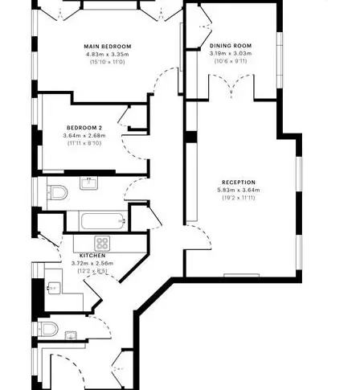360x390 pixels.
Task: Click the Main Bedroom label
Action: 108,47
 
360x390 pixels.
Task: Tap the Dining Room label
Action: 231,46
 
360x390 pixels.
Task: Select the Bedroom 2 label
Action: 84,128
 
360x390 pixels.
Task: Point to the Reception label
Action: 239,183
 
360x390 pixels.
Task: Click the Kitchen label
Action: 92,256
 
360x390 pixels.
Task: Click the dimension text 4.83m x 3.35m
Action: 108,54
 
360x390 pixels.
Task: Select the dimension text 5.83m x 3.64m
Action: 239,190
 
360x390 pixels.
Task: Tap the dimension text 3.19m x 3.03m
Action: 231,53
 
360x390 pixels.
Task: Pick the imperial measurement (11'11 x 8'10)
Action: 84,143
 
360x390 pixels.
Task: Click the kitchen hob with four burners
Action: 102,244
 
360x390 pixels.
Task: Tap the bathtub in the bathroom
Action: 103,221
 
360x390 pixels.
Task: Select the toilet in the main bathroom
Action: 57,192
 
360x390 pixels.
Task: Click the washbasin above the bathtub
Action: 89,183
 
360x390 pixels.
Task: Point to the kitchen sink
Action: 54,288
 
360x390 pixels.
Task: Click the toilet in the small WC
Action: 48,329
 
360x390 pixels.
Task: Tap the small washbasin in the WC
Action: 71,335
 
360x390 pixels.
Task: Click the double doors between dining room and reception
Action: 231,86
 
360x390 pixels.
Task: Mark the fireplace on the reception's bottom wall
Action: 242,275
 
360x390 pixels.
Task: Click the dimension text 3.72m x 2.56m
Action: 92,263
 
